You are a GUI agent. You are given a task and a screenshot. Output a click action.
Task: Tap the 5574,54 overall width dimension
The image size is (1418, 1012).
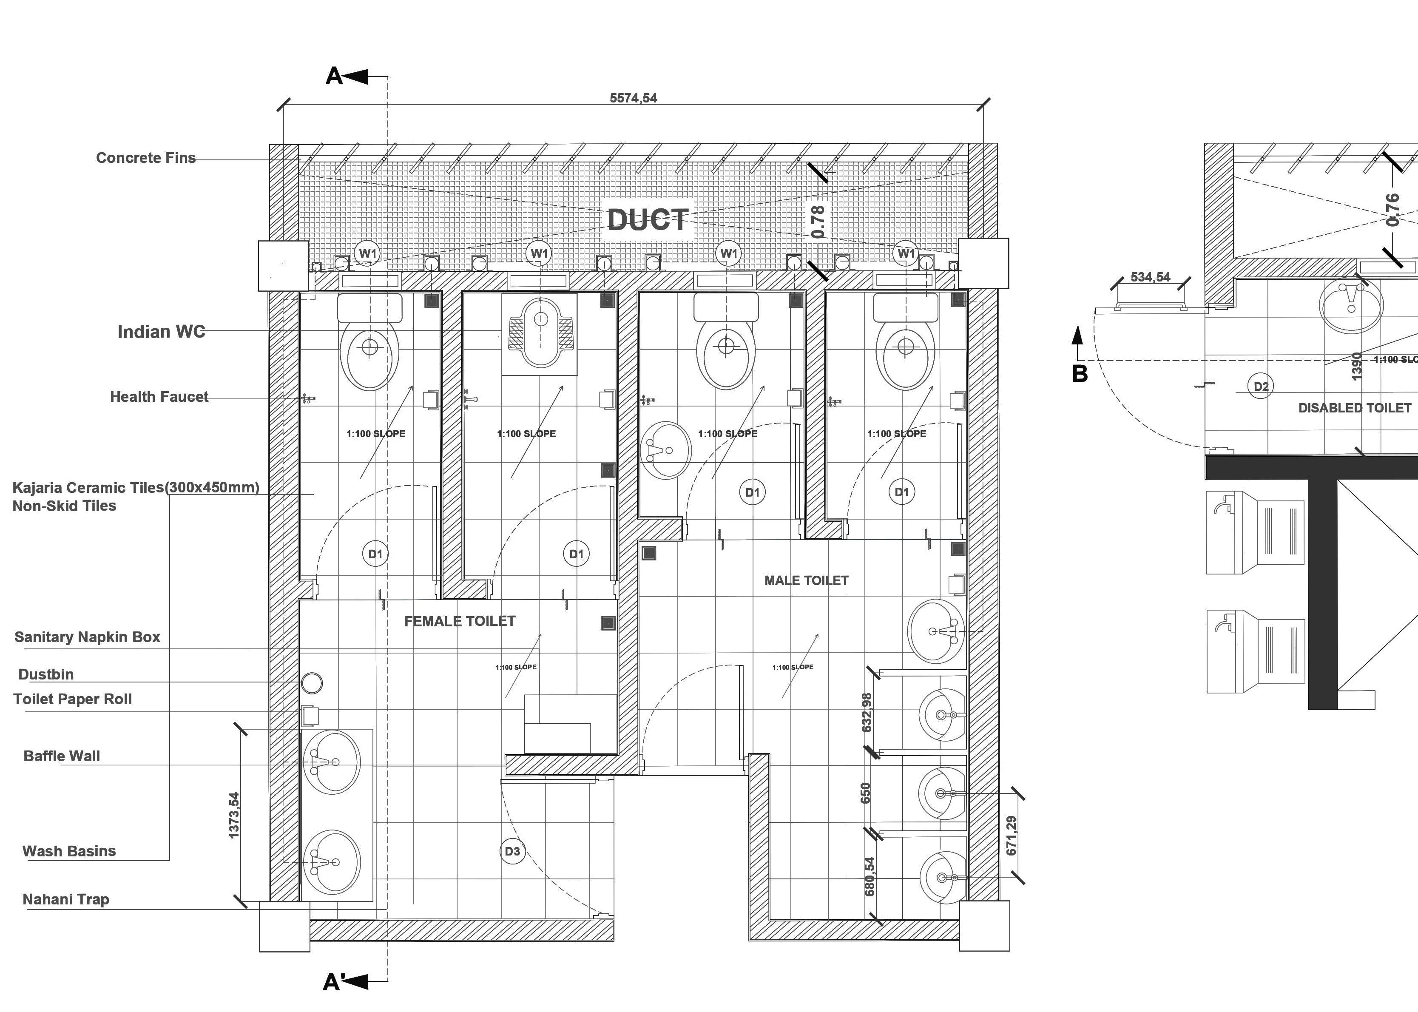pos(633,98)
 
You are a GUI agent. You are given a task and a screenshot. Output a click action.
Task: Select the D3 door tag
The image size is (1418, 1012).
pos(512,851)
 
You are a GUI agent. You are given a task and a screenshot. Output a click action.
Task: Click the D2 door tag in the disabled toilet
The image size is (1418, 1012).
pos(1261,387)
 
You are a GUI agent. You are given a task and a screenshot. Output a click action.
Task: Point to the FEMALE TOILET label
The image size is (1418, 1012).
pos(460,621)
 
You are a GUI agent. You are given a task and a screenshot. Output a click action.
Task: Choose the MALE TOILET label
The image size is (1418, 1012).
pos(806,581)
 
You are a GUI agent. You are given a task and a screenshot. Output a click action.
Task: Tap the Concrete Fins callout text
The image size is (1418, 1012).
pos(146,158)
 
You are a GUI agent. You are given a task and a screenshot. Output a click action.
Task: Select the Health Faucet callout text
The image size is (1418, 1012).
pos(159,397)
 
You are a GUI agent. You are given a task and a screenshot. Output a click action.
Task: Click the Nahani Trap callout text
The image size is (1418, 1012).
pos(65,899)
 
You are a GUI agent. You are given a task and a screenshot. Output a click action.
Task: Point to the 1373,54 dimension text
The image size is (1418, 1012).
pos(234,815)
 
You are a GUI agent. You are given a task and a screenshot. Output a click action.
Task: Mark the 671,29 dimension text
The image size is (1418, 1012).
pos(1011,836)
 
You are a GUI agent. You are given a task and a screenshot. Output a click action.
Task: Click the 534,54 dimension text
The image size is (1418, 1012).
pos(1150,277)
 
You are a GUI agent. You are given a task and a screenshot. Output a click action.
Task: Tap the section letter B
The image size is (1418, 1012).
pos(1080,374)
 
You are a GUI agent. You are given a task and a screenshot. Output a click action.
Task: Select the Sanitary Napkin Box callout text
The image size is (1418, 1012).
pos(87,637)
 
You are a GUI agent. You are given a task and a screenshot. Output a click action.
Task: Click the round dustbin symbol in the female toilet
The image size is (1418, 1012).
pos(312,683)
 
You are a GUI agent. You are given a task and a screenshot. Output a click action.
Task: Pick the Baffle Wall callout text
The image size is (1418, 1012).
pos(62,756)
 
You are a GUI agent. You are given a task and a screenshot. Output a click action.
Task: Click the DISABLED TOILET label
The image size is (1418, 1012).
pos(1355,408)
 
